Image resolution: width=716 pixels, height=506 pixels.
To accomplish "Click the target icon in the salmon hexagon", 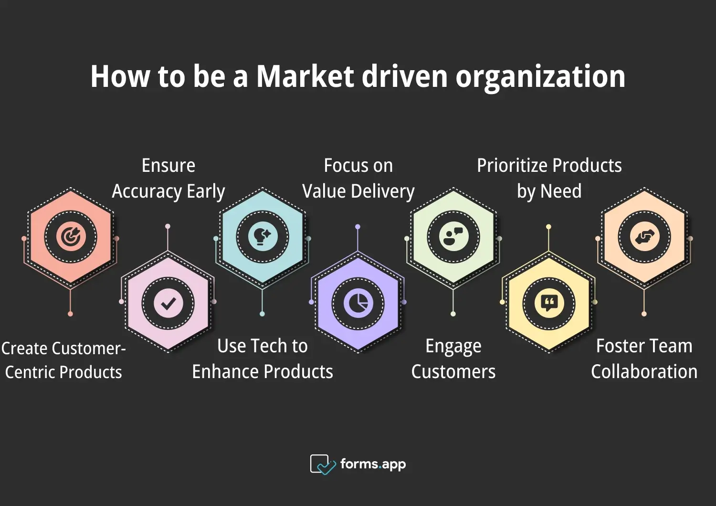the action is pyautogui.click(x=71, y=237).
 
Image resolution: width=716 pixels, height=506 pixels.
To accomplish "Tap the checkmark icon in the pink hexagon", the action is pyautogui.click(x=168, y=303).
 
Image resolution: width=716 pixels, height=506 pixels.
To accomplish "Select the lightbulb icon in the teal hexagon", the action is pyautogui.click(x=263, y=237).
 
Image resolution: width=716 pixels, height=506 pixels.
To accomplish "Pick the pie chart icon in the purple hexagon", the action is pyautogui.click(x=358, y=303).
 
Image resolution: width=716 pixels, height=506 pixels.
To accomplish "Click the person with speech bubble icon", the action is pyautogui.click(x=453, y=237).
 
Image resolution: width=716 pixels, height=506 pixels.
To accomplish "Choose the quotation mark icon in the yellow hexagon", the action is pyautogui.click(x=549, y=303).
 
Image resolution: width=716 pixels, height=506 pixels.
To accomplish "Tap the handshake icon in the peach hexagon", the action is pyautogui.click(x=644, y=237).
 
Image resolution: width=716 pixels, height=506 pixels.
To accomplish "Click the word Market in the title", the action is pyautogui.click(x=305, y=76).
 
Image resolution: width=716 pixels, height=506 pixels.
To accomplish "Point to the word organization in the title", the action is pyautogui.click(x=540, y=78).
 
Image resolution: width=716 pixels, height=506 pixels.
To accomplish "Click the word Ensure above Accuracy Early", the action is pyautogui.click(x=168, y=166).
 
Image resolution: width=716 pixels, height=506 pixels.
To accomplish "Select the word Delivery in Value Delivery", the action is pyautogui.click(x=383, y=191).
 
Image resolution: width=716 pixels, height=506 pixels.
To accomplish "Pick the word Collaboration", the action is pyautogui.click(x=644, y=371).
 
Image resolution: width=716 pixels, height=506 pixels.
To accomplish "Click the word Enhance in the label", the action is pyautogui.click(x=225, y=371).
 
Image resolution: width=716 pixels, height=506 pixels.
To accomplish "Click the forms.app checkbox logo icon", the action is pyautogui.click(x=323, y=464).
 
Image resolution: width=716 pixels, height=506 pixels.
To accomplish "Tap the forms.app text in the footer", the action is pyautogui.click(x=373, y=464).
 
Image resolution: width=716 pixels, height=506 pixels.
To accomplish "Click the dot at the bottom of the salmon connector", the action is pyautogui.click(x=70, y=314).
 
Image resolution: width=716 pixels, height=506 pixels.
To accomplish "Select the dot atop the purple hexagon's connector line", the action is pyautogui.click(x=358, y=227).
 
